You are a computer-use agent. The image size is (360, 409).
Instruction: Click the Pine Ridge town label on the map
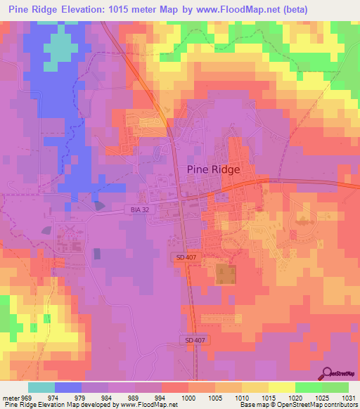pos(214,169)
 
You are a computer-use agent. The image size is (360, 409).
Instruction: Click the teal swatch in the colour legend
pos(41,387)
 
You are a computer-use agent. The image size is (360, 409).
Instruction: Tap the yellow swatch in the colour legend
pos(282,387)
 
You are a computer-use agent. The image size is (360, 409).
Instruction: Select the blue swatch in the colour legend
pos(68,387)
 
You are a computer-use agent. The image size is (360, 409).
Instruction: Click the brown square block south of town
pos(225,274)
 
